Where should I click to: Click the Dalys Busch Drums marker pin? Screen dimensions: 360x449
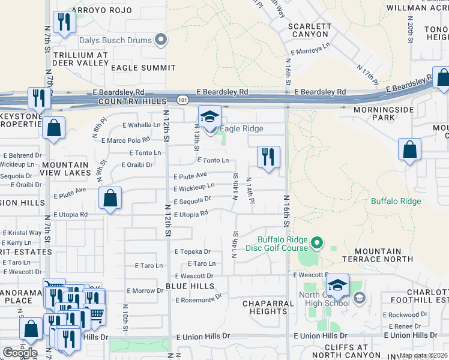[x=161, y=41]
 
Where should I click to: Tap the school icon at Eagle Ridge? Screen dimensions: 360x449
[x=210, y=116]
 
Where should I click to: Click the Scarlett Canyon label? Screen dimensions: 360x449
[x=309, y=30]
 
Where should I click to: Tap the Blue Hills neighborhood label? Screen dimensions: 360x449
[x=190, y=286]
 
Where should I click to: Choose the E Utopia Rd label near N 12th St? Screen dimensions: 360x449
[x=191, y=214]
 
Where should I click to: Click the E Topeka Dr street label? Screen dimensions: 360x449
[x=192, y=252]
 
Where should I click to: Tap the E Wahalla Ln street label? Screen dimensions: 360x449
[x=142, y=125]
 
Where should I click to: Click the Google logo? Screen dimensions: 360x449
[x=19, y=353]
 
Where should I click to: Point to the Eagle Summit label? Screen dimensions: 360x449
[x=142, y=68]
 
